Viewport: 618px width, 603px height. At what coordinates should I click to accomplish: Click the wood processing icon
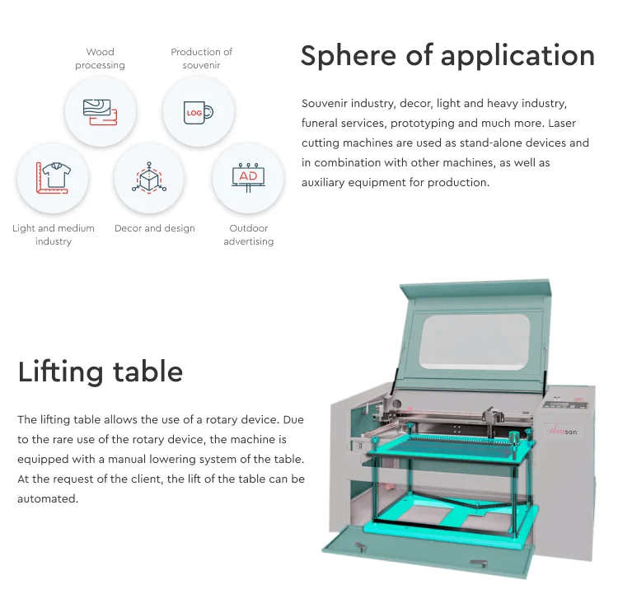pyautogui.click(x=100, y=112)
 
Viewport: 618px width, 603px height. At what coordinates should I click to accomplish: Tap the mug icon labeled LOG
pyautogui.click(x=199, y=112)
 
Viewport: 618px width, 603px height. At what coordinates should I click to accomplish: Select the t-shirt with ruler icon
pyautogui.click(x=54, y=178)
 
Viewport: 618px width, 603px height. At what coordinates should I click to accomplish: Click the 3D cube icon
pyautogui.click(x=149, y=178)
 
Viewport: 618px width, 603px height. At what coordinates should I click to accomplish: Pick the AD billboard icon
pyautogui.click(x=248, y=178)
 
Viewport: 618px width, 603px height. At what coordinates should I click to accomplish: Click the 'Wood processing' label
pyautogui.click(x=100, y=58)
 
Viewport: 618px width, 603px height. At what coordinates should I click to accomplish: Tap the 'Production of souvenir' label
pyautogui.click(x=201, y=58)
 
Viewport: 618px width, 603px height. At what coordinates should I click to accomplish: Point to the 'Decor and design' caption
pyautogui.click(x=155, y=228)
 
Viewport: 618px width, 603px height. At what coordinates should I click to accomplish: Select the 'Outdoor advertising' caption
pyautogui.click(x=249, y=235)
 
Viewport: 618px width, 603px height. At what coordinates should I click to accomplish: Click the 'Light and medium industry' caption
pyautogui.click(x=54, y=235)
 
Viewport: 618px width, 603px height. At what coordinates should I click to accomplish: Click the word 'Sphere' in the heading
pyautogui.click(x=349, y=55)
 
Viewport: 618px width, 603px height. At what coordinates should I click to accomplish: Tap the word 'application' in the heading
pyautogui.click(x=518, y=55)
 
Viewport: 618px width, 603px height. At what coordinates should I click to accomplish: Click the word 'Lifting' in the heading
pyautogui.click(x=61, y=372)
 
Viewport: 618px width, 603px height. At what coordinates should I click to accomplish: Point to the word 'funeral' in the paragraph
pyautogui.click(x=319, y=123)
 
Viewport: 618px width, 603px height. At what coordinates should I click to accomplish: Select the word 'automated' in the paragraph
pyautogui.click(x=48, y=498)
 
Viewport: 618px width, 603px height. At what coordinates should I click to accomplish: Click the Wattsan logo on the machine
pyautogui.click(x=563, y=431)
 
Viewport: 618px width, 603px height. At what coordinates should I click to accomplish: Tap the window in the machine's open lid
pyautogui.click(x=474, y=342)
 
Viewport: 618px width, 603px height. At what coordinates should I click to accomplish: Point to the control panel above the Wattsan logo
pyautogui.click(x=564, y=404)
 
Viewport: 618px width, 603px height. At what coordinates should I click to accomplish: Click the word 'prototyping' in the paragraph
pyautogui.click(x=423, y=124)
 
